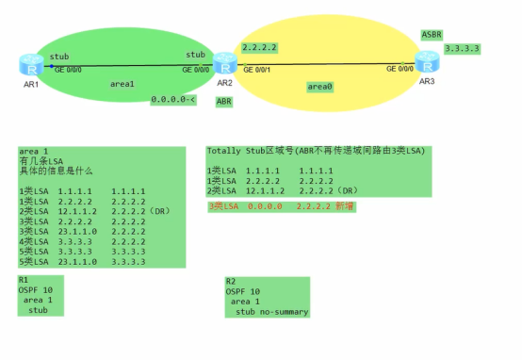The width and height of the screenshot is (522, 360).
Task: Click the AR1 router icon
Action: point(30,65)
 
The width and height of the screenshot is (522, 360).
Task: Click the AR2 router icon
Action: point(224,64)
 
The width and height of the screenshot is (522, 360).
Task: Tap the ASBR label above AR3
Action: point(432,35)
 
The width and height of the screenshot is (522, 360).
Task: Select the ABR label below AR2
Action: point(224,101)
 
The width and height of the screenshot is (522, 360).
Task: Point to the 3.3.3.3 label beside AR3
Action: point(462,46)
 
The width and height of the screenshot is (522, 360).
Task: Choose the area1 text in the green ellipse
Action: point(123,84)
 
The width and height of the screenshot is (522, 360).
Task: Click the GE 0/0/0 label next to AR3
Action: point(400,69)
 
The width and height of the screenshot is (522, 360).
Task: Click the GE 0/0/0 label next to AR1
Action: point(68,69)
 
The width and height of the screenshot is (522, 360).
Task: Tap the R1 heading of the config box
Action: point(24,280)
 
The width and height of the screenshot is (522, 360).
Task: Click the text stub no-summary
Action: point(272,311)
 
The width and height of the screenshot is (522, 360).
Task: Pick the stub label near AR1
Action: point(58,57)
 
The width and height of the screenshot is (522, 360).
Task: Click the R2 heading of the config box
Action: point(231,281)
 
